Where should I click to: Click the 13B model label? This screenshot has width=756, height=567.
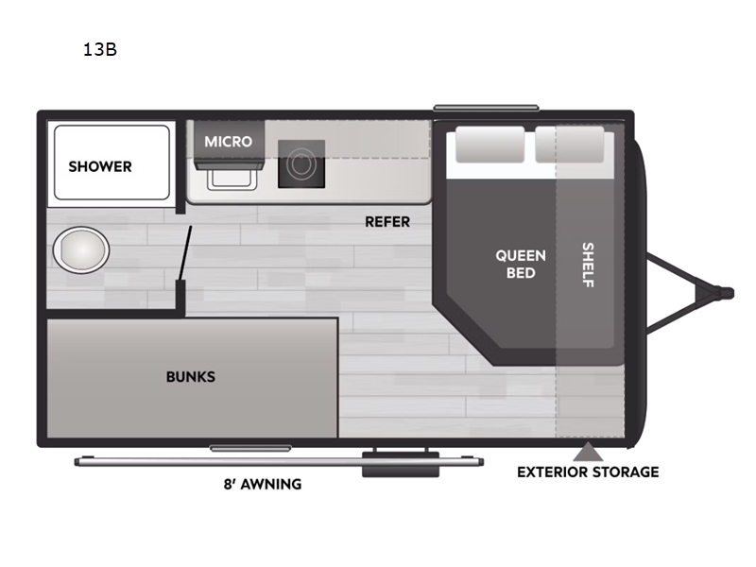[100, 50]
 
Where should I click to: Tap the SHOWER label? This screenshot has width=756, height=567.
[100, 167]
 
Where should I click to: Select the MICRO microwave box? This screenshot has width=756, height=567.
[229, 141]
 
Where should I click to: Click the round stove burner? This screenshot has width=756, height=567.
[301, 164]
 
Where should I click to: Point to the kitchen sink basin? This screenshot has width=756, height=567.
[232, 179]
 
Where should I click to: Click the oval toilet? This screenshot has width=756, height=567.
[81, 250]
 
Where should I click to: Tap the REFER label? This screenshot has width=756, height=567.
[387, 222]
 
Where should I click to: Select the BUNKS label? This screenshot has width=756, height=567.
[191, 376]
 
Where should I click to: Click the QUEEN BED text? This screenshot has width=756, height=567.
[521, 265]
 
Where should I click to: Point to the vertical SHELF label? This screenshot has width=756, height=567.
[588, 265]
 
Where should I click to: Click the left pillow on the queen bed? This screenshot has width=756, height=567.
[490, 145]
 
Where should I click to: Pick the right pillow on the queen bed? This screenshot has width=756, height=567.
[570, 145]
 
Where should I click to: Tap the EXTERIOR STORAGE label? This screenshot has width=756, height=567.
[588, 472]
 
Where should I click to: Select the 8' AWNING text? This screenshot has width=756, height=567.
[263, 484]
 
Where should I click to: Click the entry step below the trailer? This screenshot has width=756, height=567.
[401, 464]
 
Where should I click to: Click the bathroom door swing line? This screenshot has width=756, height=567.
[185, 252]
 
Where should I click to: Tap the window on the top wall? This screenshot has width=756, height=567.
[486, 108]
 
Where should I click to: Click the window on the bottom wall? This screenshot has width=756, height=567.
[250, 448]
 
